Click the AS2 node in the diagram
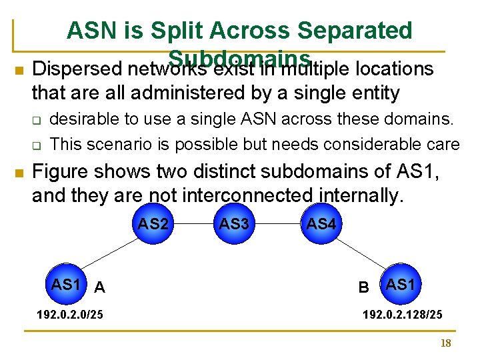[x=153, y=225]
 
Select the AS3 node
[x=234, y=225]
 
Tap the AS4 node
[x=321, y=225]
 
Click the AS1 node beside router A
[x=66, y=285]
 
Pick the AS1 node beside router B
[x=401, y=285]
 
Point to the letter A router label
[x=99, y=287]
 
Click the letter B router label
[x=364, y=287]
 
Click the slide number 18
[x=446, y=343]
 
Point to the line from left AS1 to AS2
[x=110, y=254]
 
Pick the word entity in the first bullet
[x=374, y=93]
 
